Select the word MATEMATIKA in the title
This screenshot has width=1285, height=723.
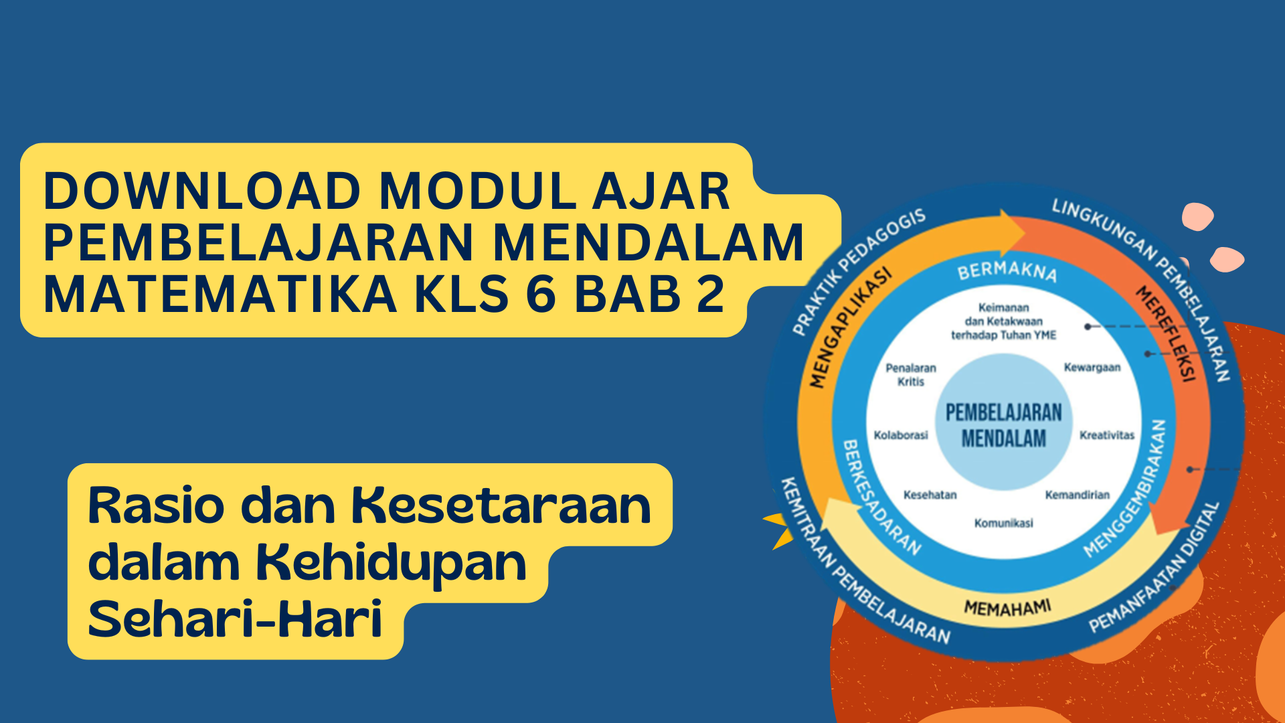[220, 295]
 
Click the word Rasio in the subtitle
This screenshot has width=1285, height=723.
[156, 507]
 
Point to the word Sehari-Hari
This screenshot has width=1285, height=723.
[235, 619]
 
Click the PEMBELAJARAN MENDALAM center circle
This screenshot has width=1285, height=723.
[1003, 423]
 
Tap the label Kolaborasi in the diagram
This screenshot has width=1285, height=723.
[901, 435]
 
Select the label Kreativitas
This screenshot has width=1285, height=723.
[1107, 435]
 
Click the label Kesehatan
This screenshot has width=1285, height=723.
[930, 495]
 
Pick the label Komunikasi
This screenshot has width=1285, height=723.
[1003, 523]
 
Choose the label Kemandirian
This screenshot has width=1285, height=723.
[1077, 495]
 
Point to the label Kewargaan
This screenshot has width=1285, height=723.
[1092, 368]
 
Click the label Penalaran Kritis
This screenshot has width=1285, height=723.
[911, 375]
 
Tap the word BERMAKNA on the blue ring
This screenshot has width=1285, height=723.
[1007, 271]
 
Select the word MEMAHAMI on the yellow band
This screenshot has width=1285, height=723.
[1007, 608]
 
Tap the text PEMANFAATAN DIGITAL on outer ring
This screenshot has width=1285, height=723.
[1155, 568]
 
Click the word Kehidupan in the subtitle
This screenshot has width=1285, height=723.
[392, 563]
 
